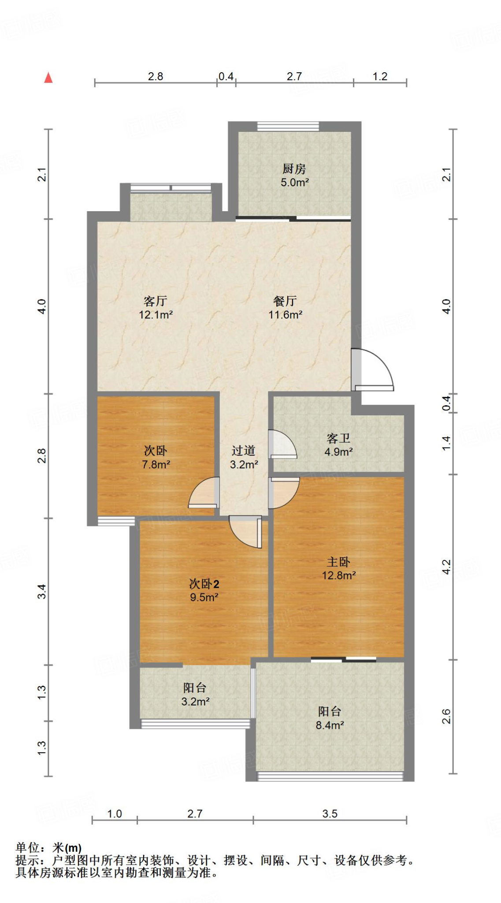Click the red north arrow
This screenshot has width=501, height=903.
tap(48, 78)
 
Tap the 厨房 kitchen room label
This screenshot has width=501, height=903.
tap(294, 168)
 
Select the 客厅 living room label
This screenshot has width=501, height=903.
tap(155, 301)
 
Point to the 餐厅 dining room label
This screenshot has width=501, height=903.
tap(285, 301)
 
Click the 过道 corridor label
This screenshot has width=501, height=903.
tap(243, 451)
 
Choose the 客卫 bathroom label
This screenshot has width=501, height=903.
tap(338, 438)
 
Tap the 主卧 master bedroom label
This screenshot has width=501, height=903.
tap(338, 562)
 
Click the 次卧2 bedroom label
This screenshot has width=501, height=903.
tap(204, 584)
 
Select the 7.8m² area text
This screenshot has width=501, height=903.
tap(156, 464)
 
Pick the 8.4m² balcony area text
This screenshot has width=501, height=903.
tap(330, 725)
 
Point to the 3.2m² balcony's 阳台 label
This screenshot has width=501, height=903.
tap(195, 687)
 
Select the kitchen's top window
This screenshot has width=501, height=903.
tap(288, 127)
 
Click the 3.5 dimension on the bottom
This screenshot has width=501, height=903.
tap(330, 813)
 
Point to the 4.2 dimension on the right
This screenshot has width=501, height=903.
tap(446, 567)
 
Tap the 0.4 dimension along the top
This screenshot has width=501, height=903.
tap(226, 76)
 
